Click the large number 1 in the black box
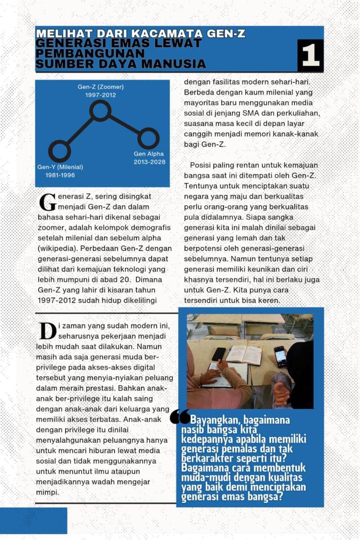pos(310,55)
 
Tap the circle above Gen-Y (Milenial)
pos(60,151)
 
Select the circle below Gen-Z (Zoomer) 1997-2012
pos(100,110)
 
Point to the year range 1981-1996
pos(60,175)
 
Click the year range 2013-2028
pos(148,162)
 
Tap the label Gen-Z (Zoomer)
pos(100,87)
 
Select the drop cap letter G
pos(48,202)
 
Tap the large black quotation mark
pos(180,418)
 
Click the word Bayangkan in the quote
pos(211,420)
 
